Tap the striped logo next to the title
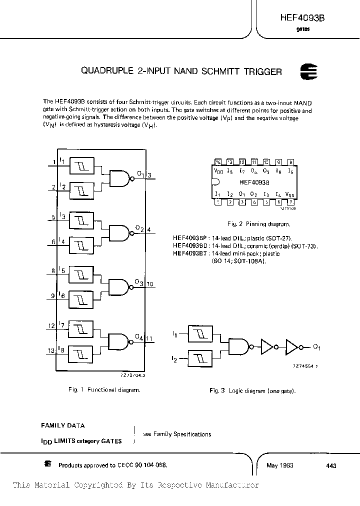(307, 71)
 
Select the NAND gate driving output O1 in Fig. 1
(118, 176)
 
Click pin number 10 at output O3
(150, 284)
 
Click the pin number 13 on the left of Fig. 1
(51, 350)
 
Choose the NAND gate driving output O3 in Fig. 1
(118, 286)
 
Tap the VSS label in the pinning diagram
(289, 194)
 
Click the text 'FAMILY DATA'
(62, 425)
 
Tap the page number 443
(330, 465)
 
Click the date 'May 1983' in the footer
(280, 465)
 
